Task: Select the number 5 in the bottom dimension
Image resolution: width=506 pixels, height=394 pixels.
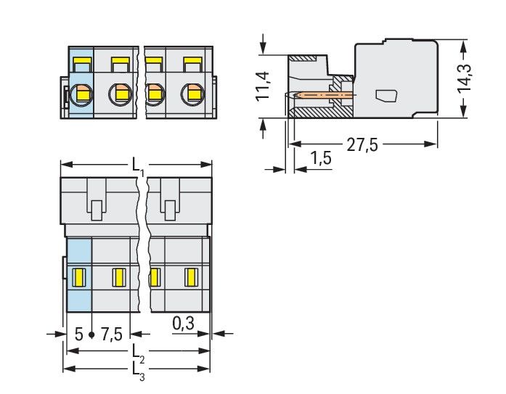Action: point(78,335)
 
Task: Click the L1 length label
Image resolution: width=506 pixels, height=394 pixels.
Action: point(138,168)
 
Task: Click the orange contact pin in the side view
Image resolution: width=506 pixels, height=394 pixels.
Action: point(327,94)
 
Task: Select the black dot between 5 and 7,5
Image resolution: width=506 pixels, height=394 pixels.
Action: point(92,335)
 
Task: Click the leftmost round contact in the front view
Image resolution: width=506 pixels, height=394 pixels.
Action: point(83,94)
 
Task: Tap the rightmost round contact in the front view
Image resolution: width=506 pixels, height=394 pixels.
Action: point(192,94)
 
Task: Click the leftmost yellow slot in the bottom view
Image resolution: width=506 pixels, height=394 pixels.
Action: point(81,276)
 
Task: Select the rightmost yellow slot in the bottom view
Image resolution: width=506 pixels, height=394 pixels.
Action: point(192,276)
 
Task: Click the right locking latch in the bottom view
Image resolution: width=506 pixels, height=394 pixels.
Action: point(169,202)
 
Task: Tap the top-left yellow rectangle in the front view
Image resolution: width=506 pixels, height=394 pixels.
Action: point(81,62)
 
